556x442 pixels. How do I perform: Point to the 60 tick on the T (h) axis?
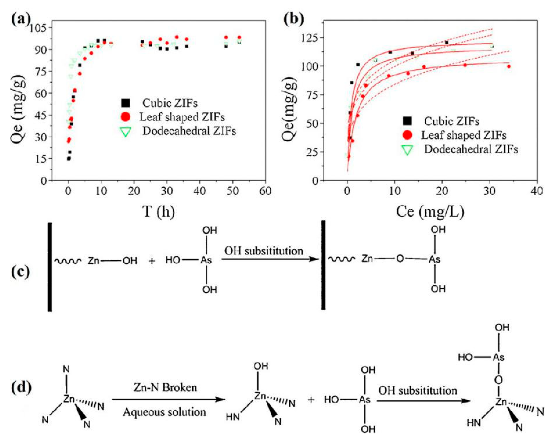(x=265, y=191)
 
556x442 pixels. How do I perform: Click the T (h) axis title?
(x=159, y=212)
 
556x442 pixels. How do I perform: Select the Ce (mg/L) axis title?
(x=430, y=212)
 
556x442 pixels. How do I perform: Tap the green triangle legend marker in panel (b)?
(x=407, y=150)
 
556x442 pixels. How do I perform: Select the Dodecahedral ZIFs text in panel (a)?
(x=189, y=131)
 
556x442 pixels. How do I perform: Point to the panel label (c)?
(x=21, y=272)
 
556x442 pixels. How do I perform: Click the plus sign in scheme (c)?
(x=152, y=261)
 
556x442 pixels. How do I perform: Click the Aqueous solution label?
(x=164, y=412)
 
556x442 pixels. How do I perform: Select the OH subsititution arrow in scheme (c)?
(x=270, y=259)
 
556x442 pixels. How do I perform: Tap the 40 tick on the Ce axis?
(x=537, y=191)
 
